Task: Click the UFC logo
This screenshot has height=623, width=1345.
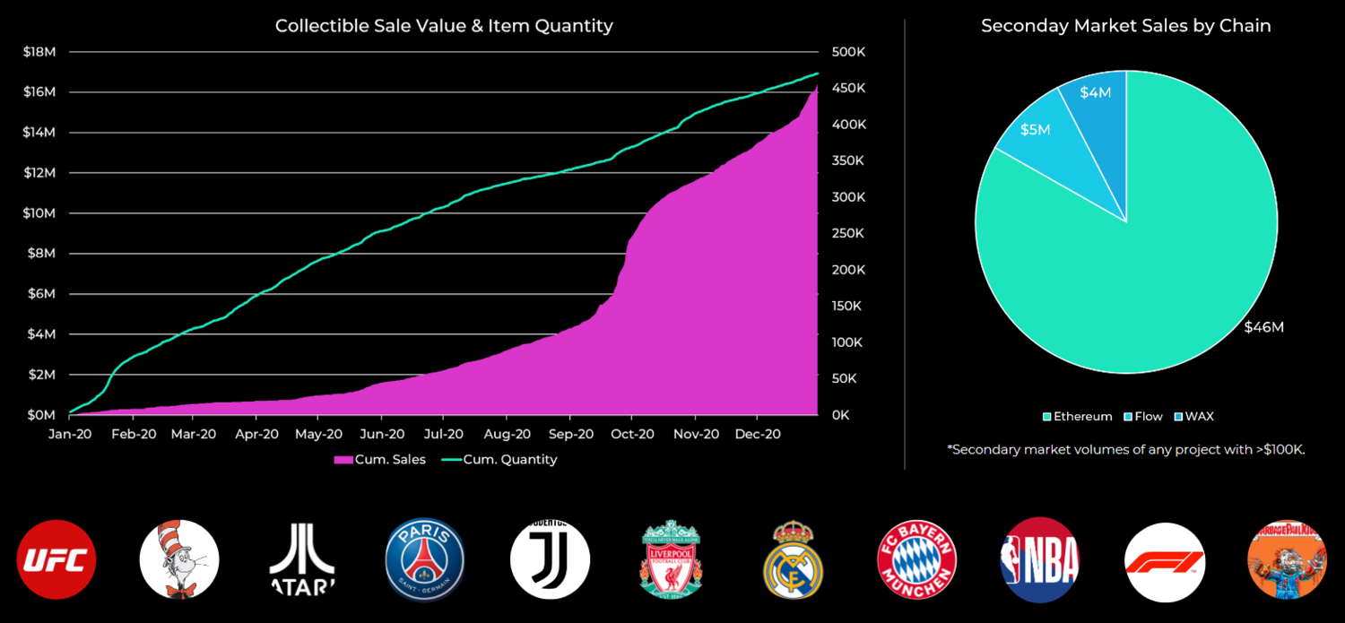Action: [56, 560]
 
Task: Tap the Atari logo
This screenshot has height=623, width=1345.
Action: [302, 560]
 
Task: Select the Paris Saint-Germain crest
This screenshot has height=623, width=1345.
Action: [425, 560]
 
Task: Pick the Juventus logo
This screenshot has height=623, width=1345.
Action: [550, 560]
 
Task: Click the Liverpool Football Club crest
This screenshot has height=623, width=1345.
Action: [672, 560]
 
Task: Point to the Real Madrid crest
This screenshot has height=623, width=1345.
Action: [793, 560]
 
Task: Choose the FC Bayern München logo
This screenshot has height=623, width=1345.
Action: [916, 560]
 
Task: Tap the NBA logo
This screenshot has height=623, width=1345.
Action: [1040, 560]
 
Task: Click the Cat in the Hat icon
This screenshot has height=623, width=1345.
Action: [179, 560]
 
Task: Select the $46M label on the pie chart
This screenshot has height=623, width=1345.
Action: [1263, 327]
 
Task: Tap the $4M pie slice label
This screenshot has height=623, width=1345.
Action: [1096, 92]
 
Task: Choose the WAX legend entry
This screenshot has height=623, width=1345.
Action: [1193, 416]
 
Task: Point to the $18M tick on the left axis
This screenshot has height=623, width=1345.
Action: [39, 52]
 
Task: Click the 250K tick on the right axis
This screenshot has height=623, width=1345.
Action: [848, 233]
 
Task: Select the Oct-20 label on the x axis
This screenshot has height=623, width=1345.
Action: [633, 434]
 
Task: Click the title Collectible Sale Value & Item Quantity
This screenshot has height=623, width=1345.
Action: [444, 26]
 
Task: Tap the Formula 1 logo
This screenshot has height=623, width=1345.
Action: [1165, 560]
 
